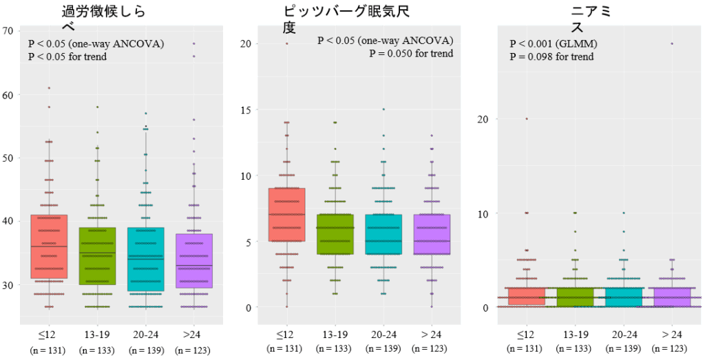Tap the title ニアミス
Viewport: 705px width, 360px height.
tap(592, 19)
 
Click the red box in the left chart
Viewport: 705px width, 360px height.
tap(49, 246)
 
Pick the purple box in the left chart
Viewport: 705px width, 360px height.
tap(193, 261)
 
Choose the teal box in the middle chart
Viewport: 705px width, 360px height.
tap(383, 234)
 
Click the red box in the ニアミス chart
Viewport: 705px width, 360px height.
tap(527, 296)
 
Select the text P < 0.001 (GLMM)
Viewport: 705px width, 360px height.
tap(554, 44)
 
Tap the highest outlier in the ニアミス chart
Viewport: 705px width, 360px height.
tap(671, 43)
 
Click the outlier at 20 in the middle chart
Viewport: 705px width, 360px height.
tap(287, 43)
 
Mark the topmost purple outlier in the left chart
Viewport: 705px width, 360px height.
tap(193, 43)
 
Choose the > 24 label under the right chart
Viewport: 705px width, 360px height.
tap(671, 335)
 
